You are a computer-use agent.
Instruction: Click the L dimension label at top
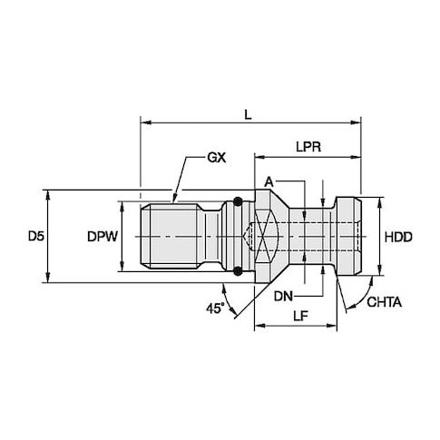click(248, 114)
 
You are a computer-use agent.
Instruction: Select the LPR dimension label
click(308, 147)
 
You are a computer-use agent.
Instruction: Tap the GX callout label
click(217, 158)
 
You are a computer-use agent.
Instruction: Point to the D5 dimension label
click(36, 236)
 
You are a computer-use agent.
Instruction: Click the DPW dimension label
click(103, 237)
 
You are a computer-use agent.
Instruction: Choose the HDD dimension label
click(398, 237)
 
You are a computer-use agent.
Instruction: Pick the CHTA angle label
click(385, 302)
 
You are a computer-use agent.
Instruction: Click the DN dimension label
click(283, 297)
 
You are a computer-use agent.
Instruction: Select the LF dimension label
click(300, 316)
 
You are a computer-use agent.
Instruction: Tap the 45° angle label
click(216, 308)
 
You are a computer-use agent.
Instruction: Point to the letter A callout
click(269, 182)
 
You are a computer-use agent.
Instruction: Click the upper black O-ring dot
click(238, 201)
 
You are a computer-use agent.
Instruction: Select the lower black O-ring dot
click(238, 270)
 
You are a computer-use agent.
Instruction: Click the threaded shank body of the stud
click(172, 236)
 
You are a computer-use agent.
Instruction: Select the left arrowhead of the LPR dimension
click(259, 157)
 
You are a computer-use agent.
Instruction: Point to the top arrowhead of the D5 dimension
click(47, 195)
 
